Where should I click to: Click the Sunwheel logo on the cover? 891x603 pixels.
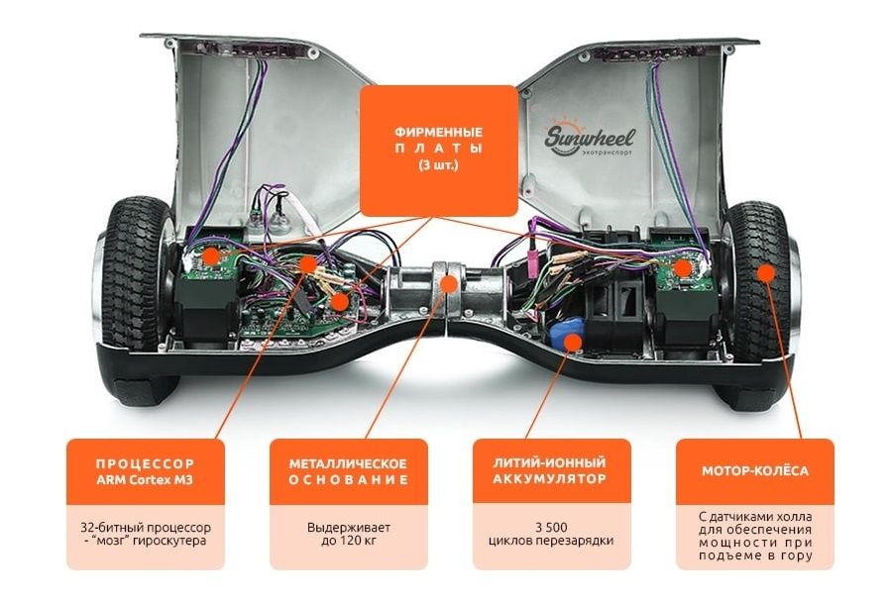click(x=589, y=137)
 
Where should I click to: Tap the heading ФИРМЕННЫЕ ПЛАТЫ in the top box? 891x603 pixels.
click(x=439, y=141)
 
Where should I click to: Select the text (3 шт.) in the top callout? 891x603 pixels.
click(x=439, y=165)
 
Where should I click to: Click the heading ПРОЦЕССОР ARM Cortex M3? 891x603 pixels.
click(x=145, y=472)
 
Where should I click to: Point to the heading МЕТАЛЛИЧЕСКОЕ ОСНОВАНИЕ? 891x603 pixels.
click(x=348, y=472)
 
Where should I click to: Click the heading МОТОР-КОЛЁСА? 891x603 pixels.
click(x=754, y=470)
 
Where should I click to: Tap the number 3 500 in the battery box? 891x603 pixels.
click(x=551, y=528)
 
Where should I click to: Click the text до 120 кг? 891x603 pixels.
click(x=348, y=541)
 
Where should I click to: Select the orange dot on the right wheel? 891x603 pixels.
click(x=766, y=272)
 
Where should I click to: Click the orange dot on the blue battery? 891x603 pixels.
click(x=573, y=342)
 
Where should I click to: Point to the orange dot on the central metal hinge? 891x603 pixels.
click(x=449, y=284)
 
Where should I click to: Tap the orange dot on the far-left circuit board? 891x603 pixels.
click(x=212, y=255)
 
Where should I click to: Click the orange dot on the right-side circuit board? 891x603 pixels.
click(x=683, y=268)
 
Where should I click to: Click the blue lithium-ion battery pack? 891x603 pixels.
click(x=568, y=336)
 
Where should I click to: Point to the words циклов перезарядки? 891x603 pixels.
click(x=551, y=541)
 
